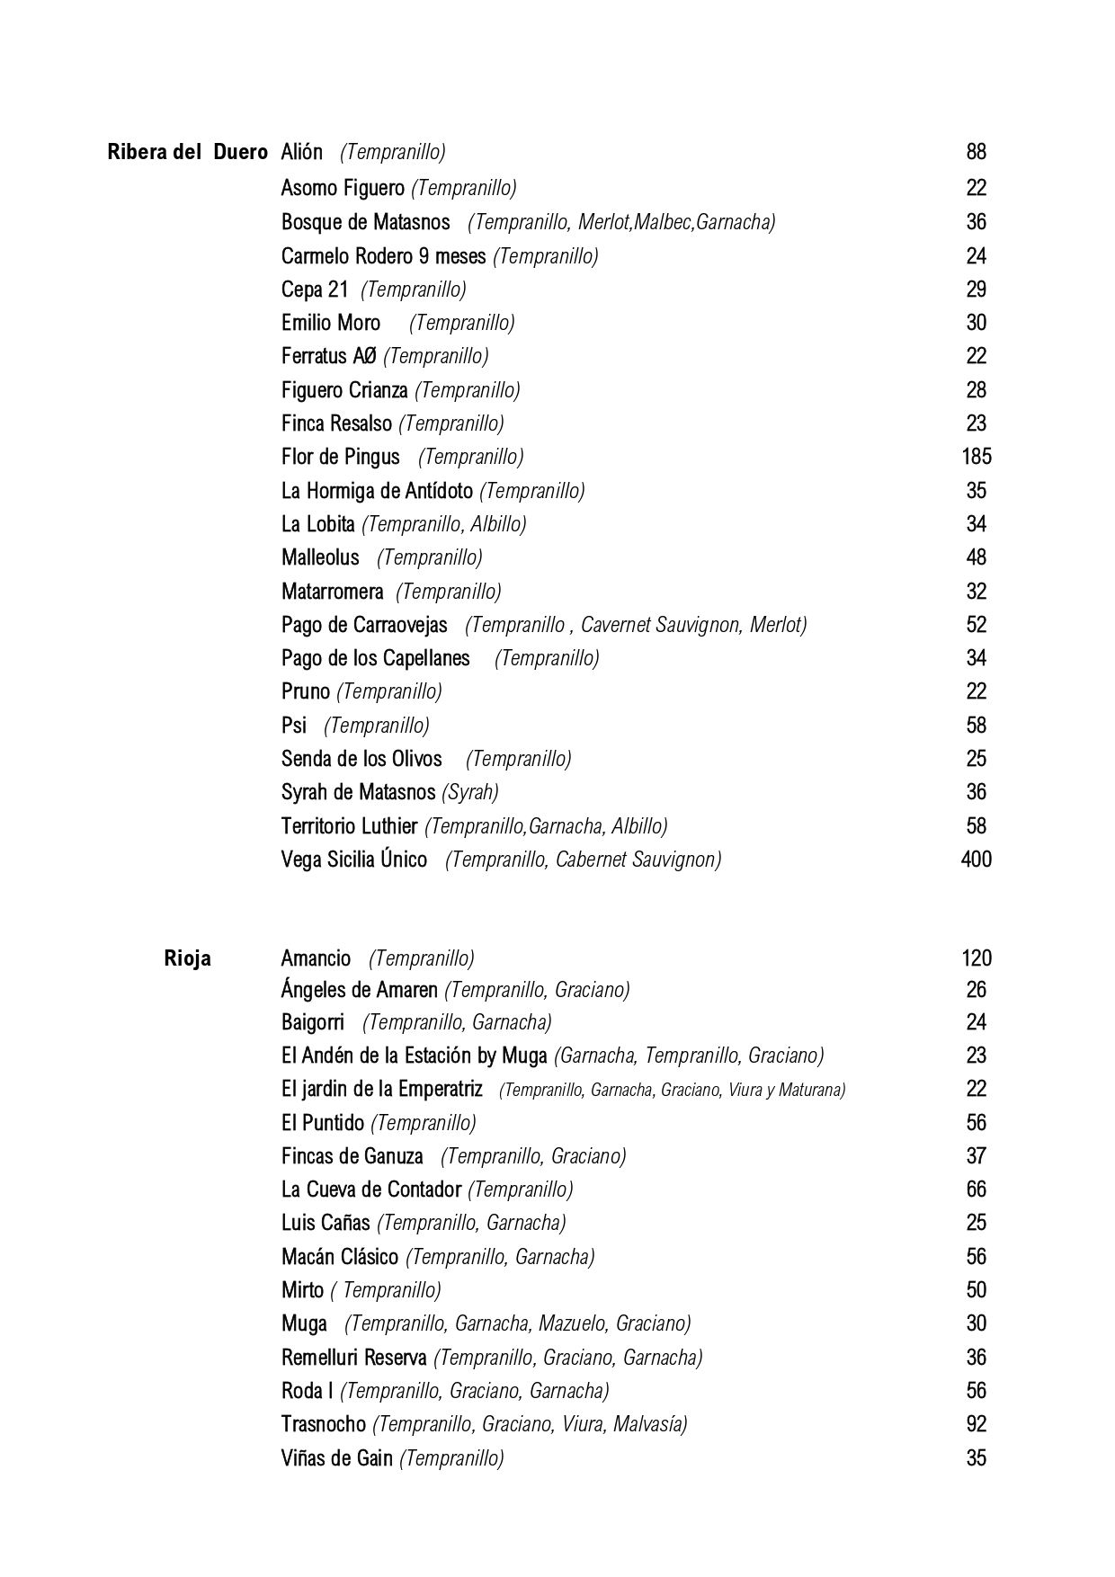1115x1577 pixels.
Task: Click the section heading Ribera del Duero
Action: tap(187, 152)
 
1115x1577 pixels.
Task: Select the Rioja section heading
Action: tap(187, 958)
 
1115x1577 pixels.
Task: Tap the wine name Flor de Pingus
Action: tap(340, 457)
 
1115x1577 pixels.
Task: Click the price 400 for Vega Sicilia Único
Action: tap(976, 860)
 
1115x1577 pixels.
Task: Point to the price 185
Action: tap(976, 457)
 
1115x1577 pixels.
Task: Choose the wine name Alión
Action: tap(301, 152)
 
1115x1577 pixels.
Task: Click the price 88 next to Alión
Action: tap(976, 152)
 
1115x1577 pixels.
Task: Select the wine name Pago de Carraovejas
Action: tap(363, 625)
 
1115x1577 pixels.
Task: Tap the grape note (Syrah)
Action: tap(470, 792)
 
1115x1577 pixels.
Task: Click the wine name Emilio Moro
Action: tap(330, 323)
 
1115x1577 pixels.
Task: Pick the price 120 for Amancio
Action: tap(976, 958)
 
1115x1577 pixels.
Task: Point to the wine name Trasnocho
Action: tap(323, 1424)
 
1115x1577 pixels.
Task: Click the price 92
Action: tap(976, 1424)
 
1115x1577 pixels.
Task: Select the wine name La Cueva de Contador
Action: tap(370, 1189)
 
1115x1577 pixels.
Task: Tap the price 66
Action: tap(976, 1189)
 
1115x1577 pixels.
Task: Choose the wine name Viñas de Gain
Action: tap(336, 1457)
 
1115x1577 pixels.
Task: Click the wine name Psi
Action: tap(293, 726)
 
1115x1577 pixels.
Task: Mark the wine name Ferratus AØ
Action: tap(328, 356)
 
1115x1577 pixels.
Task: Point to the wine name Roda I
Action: tap(307, 1391)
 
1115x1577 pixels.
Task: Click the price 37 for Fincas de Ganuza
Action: tap(976, 1156)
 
